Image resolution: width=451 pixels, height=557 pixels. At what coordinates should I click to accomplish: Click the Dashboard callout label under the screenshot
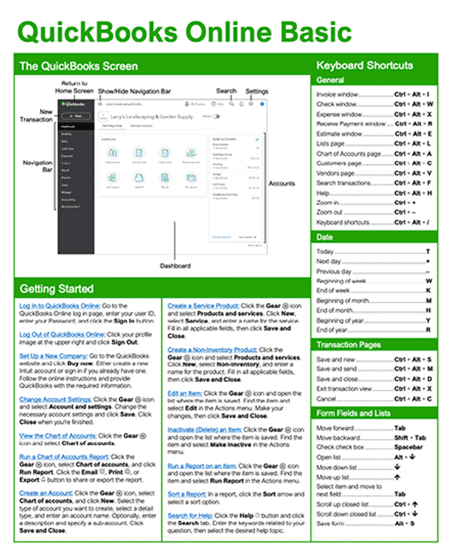click(x=175, y=266)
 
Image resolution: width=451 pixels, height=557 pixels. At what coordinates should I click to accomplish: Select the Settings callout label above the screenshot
click(x=256, y=91)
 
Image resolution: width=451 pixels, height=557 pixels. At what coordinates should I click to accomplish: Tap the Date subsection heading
click(x=325, y=236)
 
